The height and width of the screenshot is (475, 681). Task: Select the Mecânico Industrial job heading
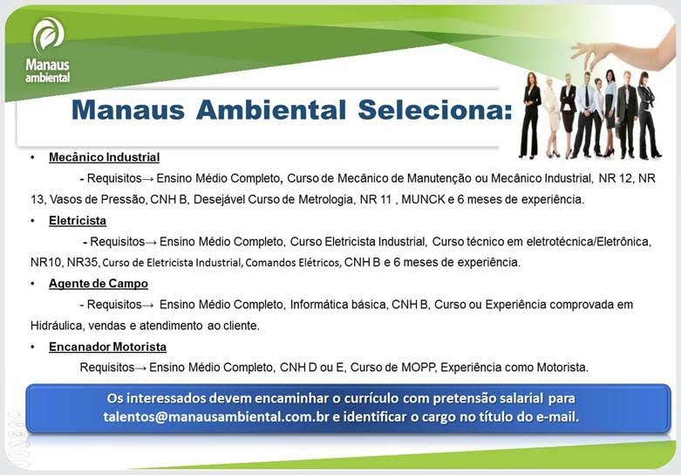(x=104, y=158)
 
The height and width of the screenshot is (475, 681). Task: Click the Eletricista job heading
(x=78, y=221)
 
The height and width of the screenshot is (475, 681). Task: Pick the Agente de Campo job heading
(x=98, y=284)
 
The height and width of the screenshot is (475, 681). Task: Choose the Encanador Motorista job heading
(x=107, y=347)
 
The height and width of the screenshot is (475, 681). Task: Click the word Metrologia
(x=317, y=200)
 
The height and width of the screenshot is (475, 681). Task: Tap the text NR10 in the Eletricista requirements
(x=45, y=262)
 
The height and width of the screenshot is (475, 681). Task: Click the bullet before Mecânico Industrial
(x=32, y=158)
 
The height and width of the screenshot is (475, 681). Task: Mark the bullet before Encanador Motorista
(x=32, y=347)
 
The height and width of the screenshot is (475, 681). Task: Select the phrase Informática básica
(x=336, y=305)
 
